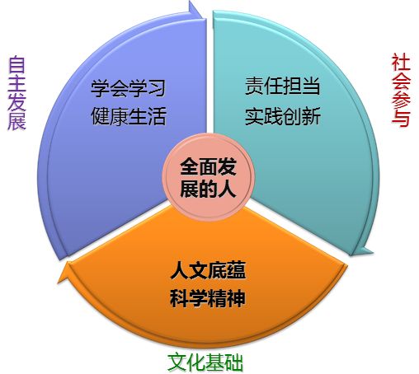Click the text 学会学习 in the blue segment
click(x=128, y=88)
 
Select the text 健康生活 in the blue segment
click(x=129, y=116)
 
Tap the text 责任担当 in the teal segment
click(x=283, y=86)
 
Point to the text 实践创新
click(x=283, y=116)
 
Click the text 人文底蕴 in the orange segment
click(x=208, y=270)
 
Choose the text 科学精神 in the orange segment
click(x=208, y=298)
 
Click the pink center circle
click(x=209, y=177)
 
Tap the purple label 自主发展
click(x=16, y=93)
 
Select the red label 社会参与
click(x=401, y=90)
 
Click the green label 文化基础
click(x=205, y=362)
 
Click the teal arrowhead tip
click(x=373, y=252)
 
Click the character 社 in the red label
click(x=401, y=63)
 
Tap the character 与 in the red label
click(x=401, y=118)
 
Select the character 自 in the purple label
click(x=16, y=64)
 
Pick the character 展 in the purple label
click(x=16, y=121)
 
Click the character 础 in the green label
click(x=234, y=362)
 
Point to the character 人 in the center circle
click(x=227, y=189)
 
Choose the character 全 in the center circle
click(x=189, y=166)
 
